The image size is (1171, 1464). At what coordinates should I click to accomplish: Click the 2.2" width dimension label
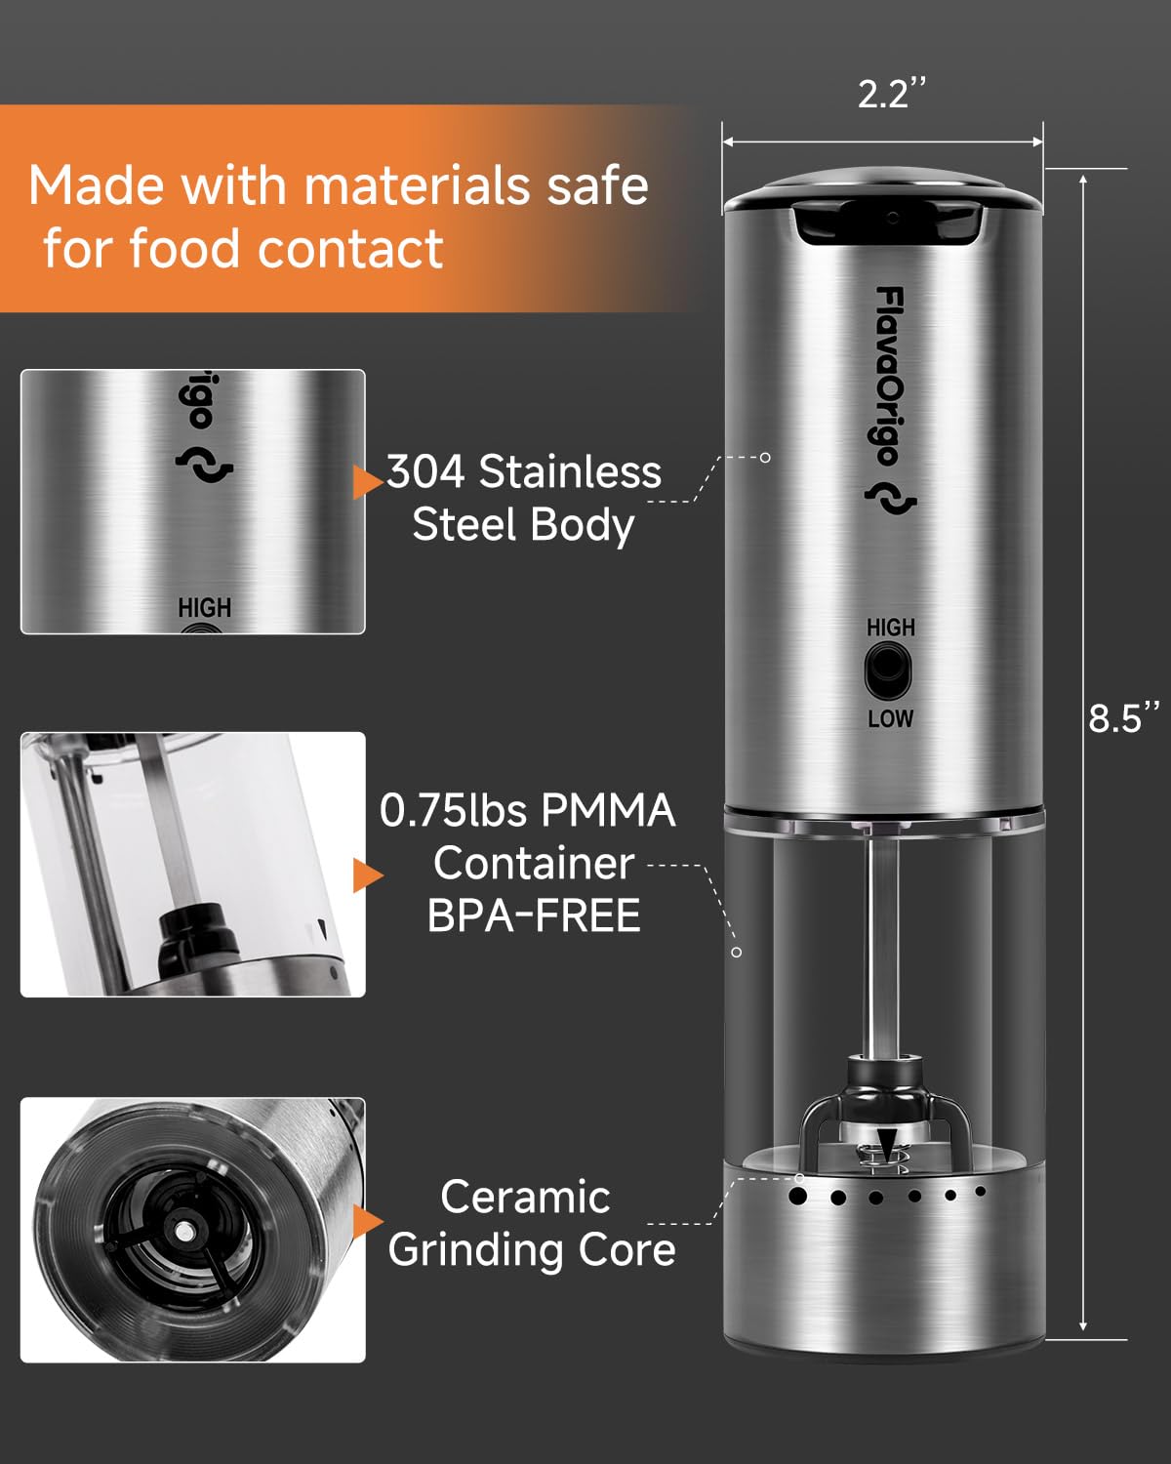[891, 94]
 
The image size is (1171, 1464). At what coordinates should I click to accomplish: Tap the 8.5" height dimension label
[1123, 717]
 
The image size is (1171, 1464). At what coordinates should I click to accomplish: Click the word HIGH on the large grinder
[891, 628]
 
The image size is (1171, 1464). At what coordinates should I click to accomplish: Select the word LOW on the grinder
[891, 718]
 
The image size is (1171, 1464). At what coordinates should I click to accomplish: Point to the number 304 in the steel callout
[425, 471]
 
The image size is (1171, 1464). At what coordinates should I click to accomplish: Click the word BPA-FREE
[534, 915]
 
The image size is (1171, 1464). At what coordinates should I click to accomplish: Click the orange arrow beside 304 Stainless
[368, 482]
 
